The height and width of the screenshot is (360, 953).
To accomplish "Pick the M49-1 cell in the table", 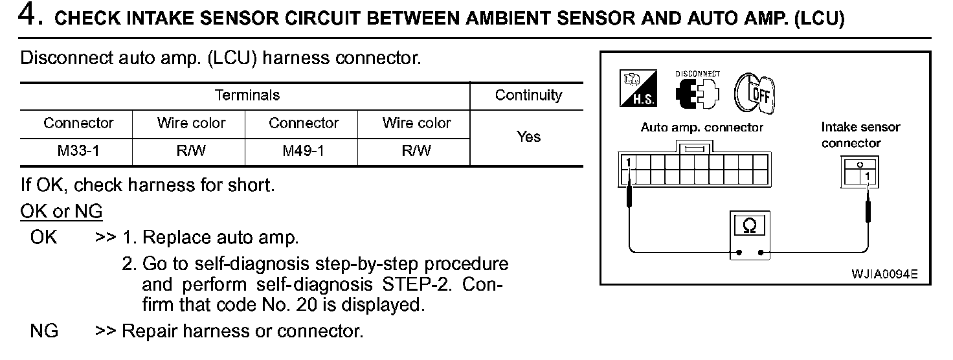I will coord(303,151).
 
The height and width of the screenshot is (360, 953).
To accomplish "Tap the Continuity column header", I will coord(528,96).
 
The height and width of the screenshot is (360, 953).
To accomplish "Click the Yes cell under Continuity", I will coord(528,137).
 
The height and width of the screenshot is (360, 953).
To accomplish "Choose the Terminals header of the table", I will coord(247,96).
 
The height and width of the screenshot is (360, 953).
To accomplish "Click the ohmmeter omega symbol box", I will coord(750,226).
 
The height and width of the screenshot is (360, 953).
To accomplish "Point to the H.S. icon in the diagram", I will coord(638,89).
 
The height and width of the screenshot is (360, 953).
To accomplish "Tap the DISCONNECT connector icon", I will coord(697,91).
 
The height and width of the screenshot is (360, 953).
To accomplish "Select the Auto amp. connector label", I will coord(702,128).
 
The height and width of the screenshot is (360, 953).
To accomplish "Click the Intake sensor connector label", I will coord(860,135).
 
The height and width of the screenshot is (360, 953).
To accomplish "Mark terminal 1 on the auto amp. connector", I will coord(627,161).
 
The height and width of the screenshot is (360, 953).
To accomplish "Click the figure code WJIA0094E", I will coord(884,274).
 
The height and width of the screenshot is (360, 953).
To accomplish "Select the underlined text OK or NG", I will coord(62,212).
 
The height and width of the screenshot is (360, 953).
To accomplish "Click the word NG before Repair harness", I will coord(44,332).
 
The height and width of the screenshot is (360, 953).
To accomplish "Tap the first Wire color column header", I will coord(191,123).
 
